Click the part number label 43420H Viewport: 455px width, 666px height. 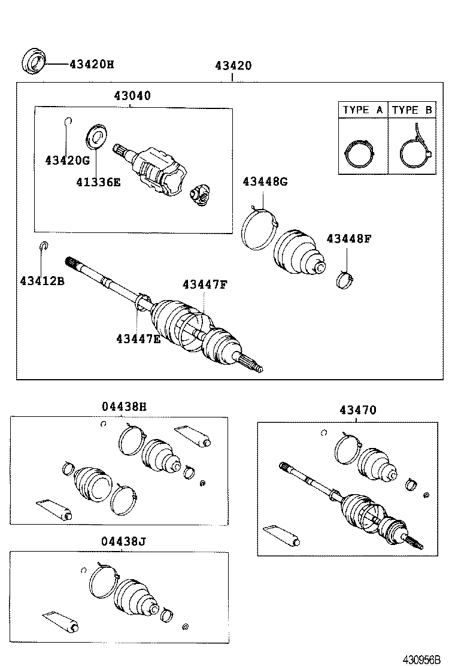coord(91,63)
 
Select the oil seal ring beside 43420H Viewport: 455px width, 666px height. coord(34,62)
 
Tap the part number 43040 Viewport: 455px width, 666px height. coord(132,96)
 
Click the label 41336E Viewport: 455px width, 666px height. coord(98,181)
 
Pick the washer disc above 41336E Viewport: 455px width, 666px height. coord(96,135)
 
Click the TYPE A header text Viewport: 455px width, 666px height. coord(363,110)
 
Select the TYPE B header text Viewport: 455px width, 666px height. coord(412,110)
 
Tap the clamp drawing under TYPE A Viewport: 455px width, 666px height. coord(362,153)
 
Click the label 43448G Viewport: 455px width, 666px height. coord(265,181)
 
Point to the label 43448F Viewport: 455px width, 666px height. coord(349,238)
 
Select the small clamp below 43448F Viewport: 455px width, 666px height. coord(345,278)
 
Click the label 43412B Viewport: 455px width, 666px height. coord(42,280)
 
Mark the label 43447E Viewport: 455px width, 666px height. coord(138,339)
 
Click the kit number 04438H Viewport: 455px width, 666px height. coord(124,407)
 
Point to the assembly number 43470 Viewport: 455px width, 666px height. coord(357,410)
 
